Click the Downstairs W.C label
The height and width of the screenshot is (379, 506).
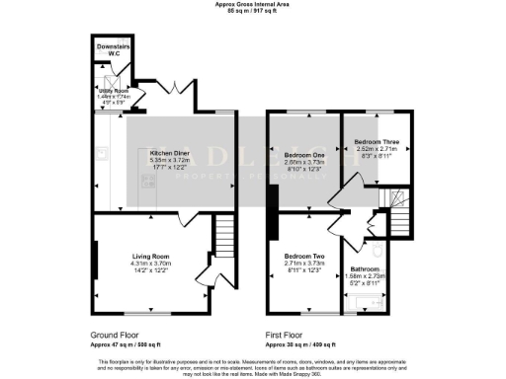coord(115,49)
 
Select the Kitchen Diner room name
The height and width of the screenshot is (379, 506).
coord(169,154)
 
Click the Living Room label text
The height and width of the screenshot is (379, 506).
coord(152,255)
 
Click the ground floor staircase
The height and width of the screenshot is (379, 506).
coord(223,236)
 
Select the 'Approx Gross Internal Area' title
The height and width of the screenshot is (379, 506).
coord(252,4)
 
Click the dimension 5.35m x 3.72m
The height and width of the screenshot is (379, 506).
coord(169,161)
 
